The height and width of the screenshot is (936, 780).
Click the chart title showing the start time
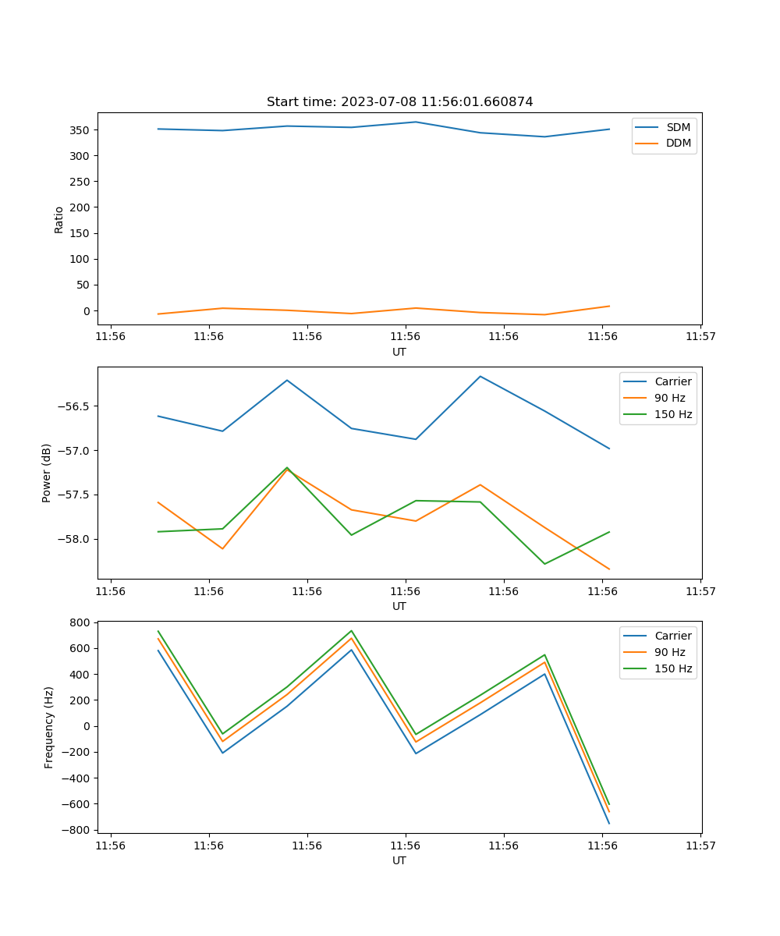click(x=399, y=102)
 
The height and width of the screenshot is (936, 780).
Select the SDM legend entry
click(x=678, y=127)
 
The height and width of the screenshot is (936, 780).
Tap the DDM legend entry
click(x=678, y=143)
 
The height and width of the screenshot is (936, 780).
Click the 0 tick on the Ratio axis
click(x=87, y=311)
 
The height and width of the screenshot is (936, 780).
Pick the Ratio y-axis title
click(x=59, y=219)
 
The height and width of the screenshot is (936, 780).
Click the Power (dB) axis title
click(x=47, y=473)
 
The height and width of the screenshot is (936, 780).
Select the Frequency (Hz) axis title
click(x=49, y=727)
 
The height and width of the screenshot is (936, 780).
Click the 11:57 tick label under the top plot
click(x=700, y=337)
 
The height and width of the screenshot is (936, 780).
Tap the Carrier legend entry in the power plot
click(x=672, y=381)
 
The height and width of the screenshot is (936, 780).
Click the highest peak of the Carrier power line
click(x=480, y=376)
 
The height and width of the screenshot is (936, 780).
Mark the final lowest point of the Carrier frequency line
click(x=608, y=823)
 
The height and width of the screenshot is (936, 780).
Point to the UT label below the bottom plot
click(x=399, y=860)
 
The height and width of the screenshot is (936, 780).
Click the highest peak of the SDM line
click(x=415, y=122)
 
